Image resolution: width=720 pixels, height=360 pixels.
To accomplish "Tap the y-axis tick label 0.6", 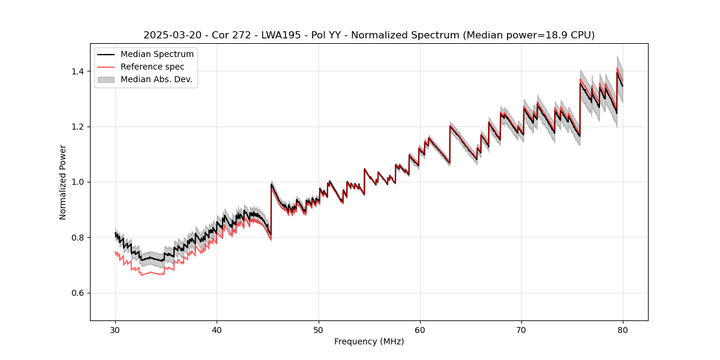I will coord(79,293).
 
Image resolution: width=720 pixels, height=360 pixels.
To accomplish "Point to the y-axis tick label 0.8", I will coord(79,238).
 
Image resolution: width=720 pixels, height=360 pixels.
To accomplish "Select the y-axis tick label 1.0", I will coord(79,182).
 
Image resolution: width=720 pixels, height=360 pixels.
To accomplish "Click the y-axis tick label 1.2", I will coord(79,127).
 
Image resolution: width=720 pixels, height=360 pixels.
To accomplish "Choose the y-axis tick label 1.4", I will coord(79,71).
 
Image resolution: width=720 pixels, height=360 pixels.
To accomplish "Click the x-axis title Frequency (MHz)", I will coord(369,341).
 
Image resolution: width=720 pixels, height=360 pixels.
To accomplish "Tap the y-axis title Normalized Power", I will coord(63,182).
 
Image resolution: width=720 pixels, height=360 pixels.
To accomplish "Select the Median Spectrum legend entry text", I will coord(157,55).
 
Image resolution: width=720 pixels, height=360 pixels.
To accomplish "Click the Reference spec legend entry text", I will coord(152,67).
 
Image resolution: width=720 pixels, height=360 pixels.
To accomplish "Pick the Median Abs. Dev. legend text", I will coord(156,79).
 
